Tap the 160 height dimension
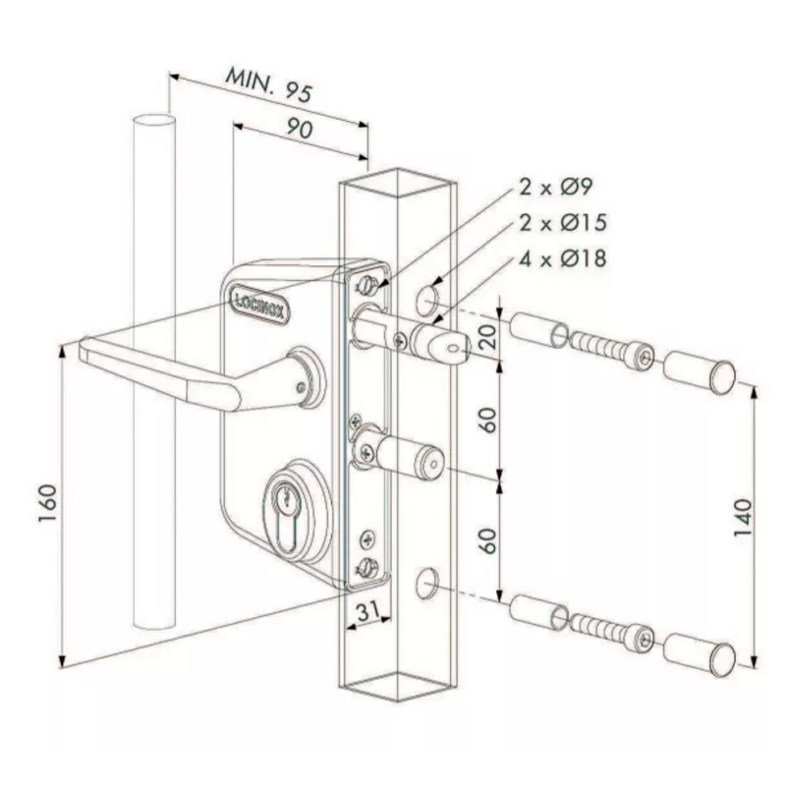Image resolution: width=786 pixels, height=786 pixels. (x=48, y=504)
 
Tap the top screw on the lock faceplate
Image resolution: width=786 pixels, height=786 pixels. (x=367, y=286)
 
